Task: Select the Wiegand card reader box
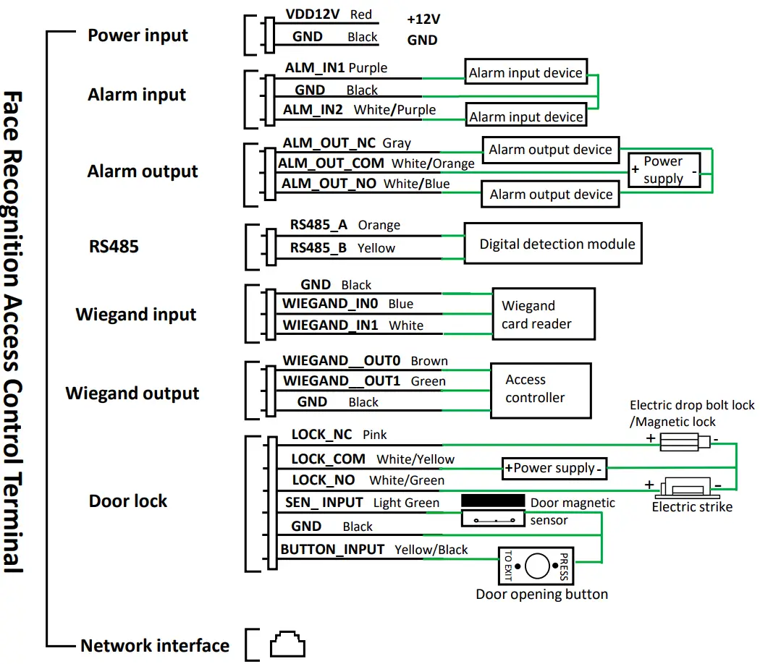(544, 314)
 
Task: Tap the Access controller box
(541, 389)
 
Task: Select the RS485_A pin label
(319, 225)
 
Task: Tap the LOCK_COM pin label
(328, 459)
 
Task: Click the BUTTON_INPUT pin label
(332, 550)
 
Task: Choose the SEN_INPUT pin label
(324, 503)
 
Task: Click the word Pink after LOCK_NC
(375, 435)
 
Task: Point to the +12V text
(423, 20)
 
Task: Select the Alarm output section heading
(143, 172)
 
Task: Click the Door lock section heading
(128, 501)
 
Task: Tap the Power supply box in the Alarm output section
(664, 171)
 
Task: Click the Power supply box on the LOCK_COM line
(554, 468)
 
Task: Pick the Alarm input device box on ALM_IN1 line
(525, 72)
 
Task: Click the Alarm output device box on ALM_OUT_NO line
(551, 194)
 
